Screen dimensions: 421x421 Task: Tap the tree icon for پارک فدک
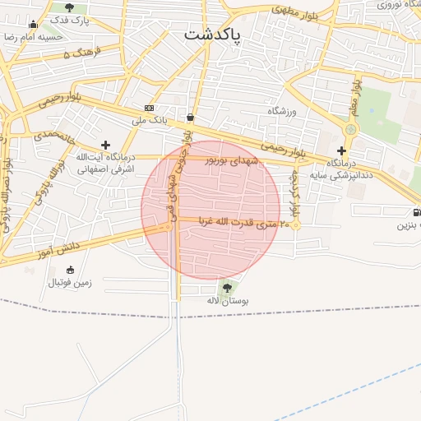click(69, 7)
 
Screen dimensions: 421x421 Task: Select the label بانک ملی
click(150, 120)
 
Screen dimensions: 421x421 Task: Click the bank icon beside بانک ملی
click(149, 108)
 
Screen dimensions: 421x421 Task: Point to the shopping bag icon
click(191, 117)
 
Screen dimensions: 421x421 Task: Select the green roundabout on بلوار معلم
click(352, 129)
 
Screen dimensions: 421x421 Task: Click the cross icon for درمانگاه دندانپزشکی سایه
click(342, 150)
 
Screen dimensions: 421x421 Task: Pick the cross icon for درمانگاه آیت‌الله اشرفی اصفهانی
click(105, 145)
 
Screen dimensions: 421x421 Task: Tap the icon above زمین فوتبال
click(70, 270)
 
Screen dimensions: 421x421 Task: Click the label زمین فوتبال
click(70, 282)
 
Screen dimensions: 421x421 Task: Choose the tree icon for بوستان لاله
click(227, 288)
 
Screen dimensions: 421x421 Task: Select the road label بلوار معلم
click(356, 95)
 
